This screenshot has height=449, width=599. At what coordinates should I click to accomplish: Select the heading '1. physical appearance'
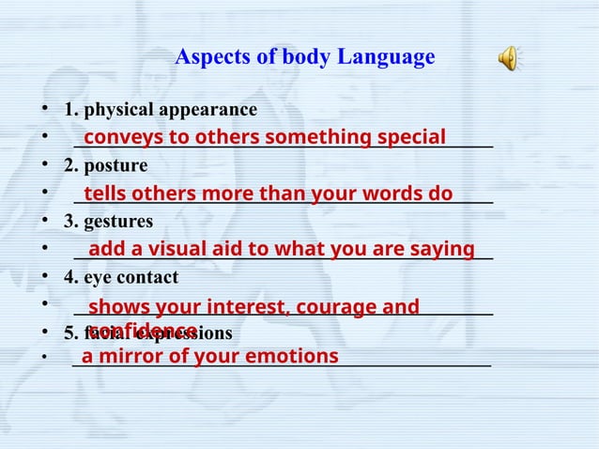tap(160, 110)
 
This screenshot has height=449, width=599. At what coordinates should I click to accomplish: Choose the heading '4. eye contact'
tap(120, 278)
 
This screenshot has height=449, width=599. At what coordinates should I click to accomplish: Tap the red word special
tap(410, 138)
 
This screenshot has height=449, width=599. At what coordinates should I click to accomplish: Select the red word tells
tap(105, 194)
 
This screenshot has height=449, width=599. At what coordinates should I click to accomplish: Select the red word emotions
tap(292, 357)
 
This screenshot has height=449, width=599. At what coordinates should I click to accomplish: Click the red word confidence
tap(142, 331)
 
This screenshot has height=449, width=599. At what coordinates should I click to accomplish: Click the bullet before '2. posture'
tap(44, 166)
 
